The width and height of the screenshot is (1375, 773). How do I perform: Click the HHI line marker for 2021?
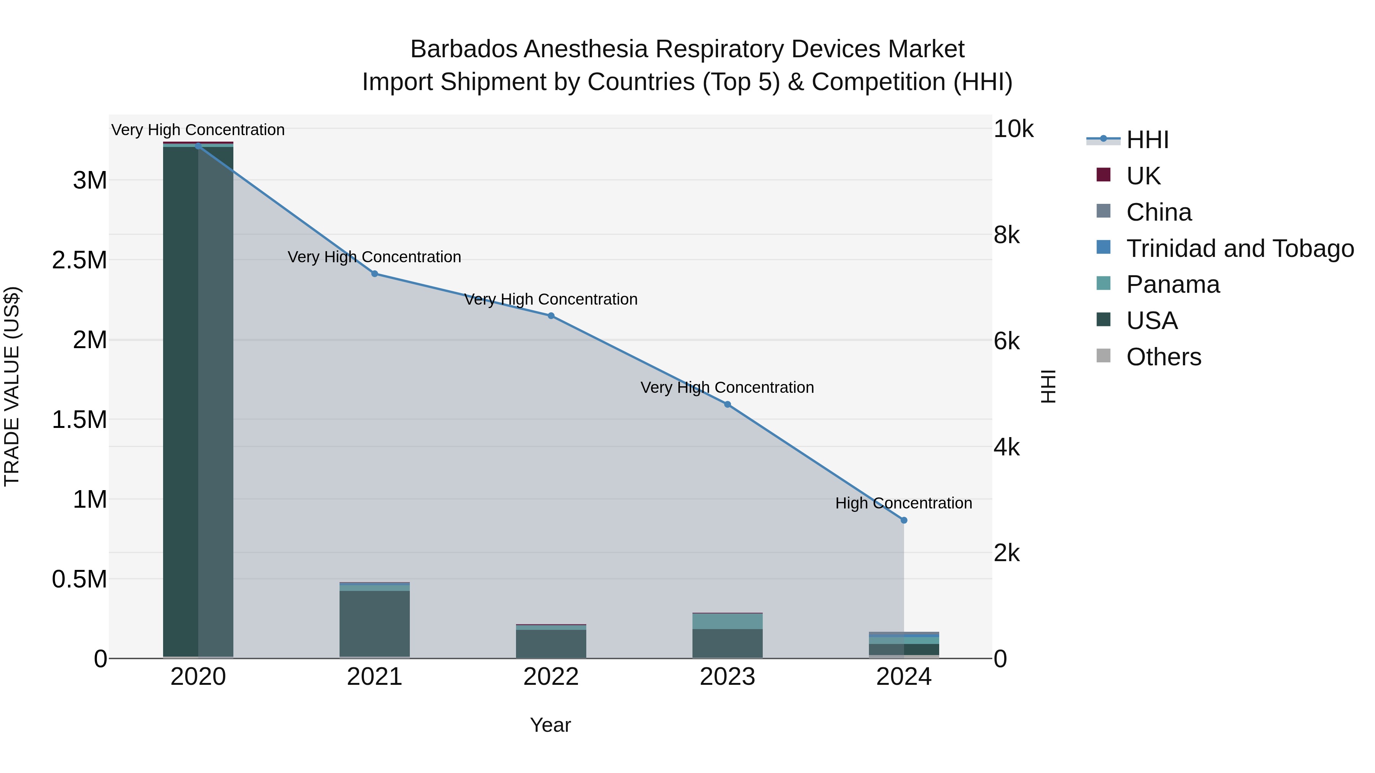[x=374, y=274]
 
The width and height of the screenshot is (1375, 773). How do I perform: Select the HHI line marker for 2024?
[x=904, y=520]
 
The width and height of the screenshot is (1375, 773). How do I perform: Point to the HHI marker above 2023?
[x=727, y=404]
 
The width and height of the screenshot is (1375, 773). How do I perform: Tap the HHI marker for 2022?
[x=551, y=316]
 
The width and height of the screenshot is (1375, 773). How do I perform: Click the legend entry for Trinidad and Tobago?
[x=1239, y=249]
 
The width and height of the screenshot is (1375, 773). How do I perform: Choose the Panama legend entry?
[x=1173, y=284]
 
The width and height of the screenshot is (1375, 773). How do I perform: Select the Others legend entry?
[x=1164, y=357]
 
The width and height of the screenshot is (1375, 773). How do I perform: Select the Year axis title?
[x=550, y=725]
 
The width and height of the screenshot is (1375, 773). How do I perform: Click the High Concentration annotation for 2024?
[x=903, y=503]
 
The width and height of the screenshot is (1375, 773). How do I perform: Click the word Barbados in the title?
[x=463, y=49]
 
